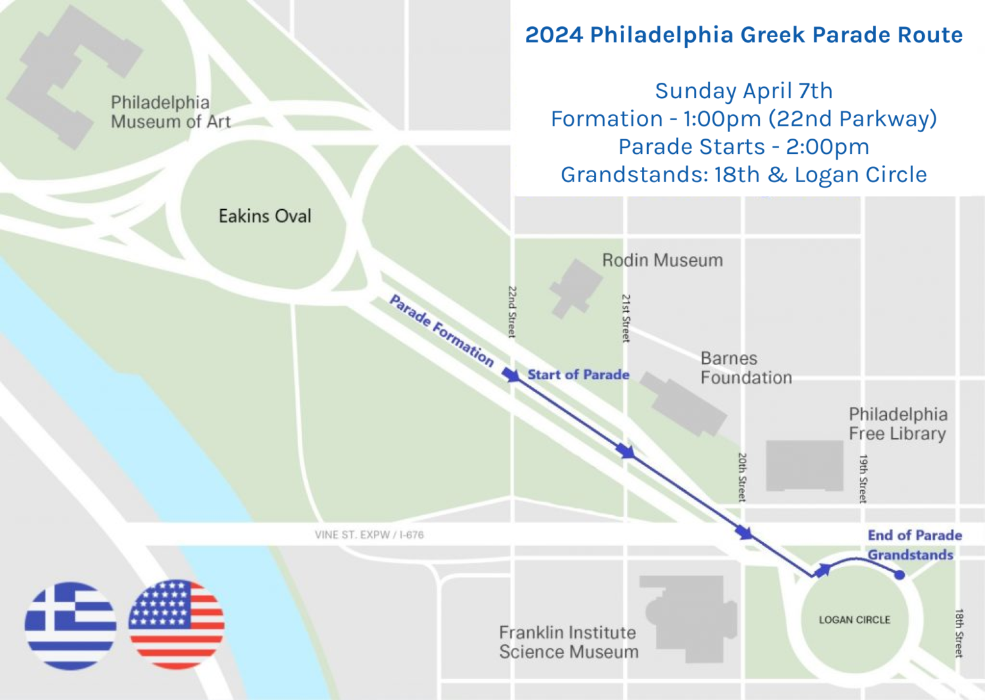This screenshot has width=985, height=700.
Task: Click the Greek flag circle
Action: (71, 626)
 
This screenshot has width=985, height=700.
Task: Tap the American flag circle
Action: (176, 624)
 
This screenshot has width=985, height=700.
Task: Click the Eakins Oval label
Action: (265, 216)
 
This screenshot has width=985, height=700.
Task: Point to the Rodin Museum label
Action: (662, 260)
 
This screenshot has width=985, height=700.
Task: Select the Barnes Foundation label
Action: (746, 368)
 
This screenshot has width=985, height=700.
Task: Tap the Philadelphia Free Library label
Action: (898, 423)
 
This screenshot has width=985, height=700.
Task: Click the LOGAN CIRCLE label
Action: (854, 620)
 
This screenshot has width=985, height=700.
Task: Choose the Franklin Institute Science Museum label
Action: (569, 642)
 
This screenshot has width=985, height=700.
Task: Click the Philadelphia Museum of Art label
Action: (170, 112)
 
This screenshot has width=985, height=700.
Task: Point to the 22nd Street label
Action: (512, 312)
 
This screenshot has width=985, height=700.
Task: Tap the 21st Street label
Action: (626, 318)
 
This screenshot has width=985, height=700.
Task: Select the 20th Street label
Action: (742, 477)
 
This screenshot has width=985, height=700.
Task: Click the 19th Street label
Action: (863, 479)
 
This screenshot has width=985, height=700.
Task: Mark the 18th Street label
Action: (959, 633)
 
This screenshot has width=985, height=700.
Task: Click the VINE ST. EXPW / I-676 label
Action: (369, 534)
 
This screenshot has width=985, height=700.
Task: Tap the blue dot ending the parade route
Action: (900, 575)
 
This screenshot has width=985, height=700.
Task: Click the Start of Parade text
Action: (578, 375)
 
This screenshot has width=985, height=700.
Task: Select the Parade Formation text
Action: (442, 330)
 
